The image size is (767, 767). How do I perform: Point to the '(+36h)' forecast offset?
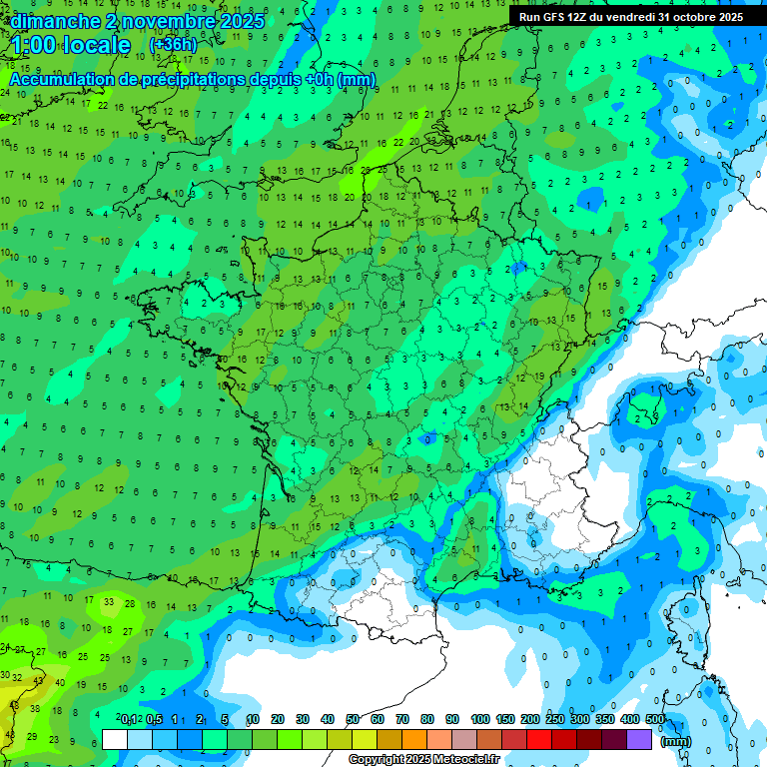173,45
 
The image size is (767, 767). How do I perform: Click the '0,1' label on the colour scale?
130,720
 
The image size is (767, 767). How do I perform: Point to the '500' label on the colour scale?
655,720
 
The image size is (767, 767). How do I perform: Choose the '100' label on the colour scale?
480,720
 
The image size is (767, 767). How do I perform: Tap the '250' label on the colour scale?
555,720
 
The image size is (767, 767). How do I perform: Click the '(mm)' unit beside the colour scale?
676,741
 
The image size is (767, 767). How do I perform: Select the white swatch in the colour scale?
115,739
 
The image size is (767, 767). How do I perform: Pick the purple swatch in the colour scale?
639,739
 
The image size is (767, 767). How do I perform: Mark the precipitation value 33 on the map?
108,602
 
